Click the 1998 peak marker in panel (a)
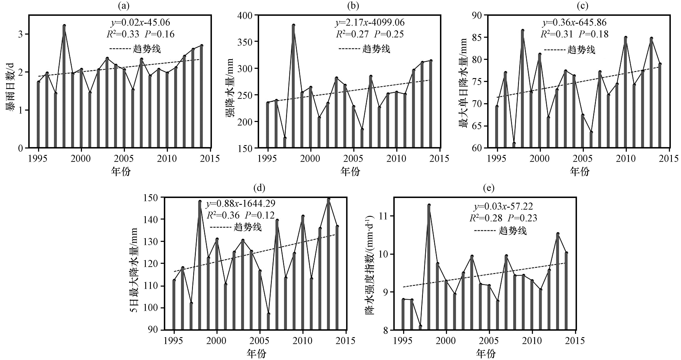coord(64,26)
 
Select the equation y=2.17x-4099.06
coord(370,22)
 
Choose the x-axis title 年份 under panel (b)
coord(350,172)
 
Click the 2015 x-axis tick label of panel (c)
coord(669,158)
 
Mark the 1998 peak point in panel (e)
coord(429,205)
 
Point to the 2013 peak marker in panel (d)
coord(329,199)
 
